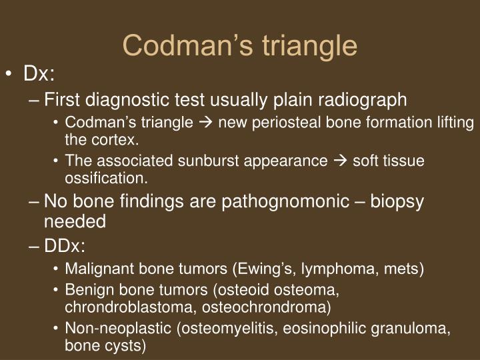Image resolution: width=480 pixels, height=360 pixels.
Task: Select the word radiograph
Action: click(x=367, y=100)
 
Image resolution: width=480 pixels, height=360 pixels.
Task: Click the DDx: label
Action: click(x=65, y=245)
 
